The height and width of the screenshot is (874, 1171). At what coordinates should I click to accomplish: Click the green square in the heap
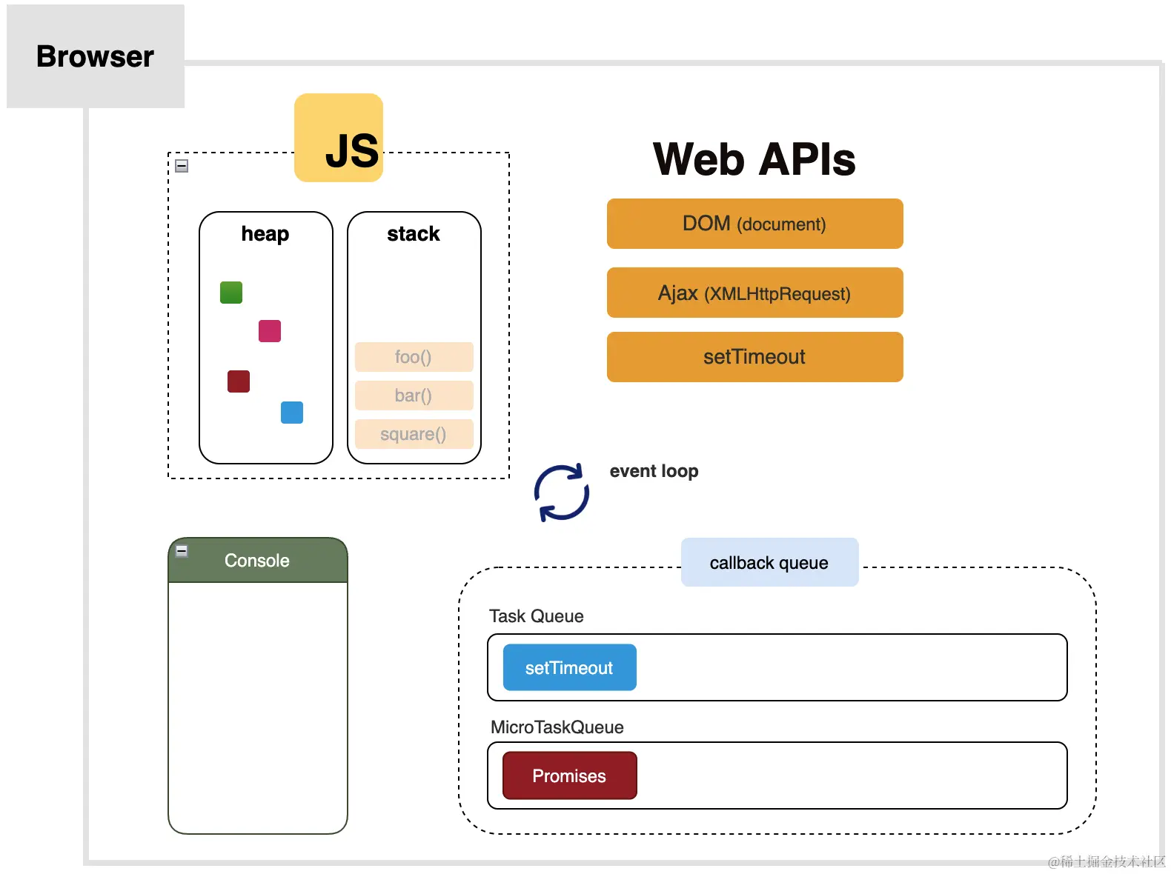coord(231,293)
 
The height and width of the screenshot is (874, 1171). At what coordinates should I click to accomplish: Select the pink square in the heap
coord(270,331)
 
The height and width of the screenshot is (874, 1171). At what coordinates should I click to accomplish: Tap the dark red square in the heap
coord(239,381)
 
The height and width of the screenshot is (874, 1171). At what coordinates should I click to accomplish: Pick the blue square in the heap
coord(292,413)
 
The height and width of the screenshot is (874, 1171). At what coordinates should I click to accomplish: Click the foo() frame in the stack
coord(414,357)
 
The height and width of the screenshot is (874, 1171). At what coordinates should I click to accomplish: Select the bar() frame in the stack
coord(414,396)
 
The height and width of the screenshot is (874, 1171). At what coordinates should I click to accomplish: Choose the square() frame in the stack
coord(414,434)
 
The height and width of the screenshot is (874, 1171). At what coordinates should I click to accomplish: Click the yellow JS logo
coord(339,138)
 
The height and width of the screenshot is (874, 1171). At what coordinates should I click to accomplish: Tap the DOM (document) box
coord(754,224)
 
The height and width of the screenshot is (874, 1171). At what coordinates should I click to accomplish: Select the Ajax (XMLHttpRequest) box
coord(754,293)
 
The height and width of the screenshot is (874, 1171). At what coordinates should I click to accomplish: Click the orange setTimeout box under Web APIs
coord(754,357)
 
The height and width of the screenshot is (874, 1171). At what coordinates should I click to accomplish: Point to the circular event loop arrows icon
coord(562,493)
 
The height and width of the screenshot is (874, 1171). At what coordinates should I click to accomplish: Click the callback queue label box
coord(769,563)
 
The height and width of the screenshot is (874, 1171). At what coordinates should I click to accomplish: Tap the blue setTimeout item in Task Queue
coord(569,668)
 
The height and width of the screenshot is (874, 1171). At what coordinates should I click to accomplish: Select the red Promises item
coord(569,776)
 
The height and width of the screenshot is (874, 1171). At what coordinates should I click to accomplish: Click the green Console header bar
coord(258,561)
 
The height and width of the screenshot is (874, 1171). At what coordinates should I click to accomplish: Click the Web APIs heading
coord(754,159)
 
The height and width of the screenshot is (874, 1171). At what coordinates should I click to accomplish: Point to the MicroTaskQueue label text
coord(557,727)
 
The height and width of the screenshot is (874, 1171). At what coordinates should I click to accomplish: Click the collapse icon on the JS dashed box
coord(182,166)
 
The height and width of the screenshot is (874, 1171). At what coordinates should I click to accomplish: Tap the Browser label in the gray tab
coord(95,57)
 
